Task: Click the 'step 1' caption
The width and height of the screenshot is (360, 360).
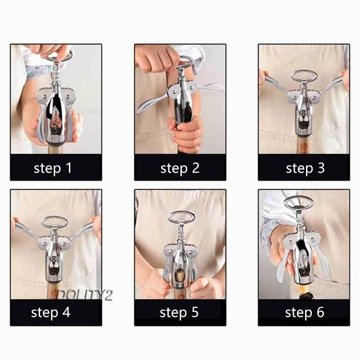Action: click(x=53, y=168)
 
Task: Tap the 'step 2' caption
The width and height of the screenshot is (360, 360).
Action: click(x=180, y=168)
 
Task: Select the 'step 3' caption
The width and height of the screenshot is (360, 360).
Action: click(x=305, y=168)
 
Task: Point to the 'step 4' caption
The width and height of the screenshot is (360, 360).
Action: click(x=50, y=313)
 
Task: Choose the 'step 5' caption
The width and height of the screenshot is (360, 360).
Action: click(x=179, y=313)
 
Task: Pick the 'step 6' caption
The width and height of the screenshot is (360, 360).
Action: click(x=305, y=313)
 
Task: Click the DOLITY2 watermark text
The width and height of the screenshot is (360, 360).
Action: click(x=85, y=295)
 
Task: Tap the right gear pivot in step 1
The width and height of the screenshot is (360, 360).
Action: click(x=68, y=96)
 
